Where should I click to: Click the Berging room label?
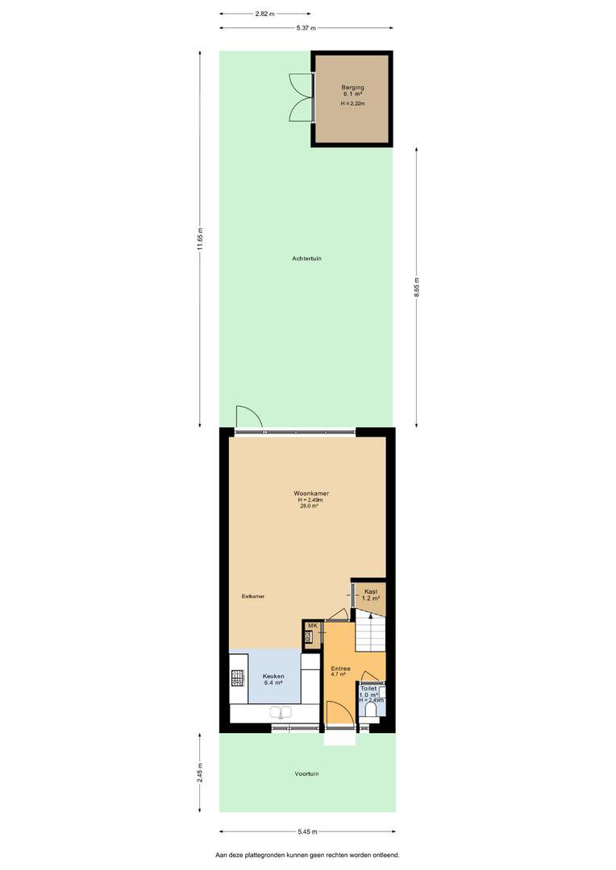coord(352,88)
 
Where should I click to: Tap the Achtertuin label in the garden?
coord(306,259)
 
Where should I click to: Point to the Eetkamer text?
coord(252,596)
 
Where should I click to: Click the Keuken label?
coord(273,677)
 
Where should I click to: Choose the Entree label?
coord(340,669)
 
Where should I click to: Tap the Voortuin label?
coord(306,773)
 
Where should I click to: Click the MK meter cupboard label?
coord(312,626)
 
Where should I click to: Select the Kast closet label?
coord(371,592)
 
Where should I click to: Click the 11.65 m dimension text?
coord(201,239)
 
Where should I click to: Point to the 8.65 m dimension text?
coord(417,288)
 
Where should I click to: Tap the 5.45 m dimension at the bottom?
coord(306,831)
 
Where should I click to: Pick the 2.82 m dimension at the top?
coord(265,14)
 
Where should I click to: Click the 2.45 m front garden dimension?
coord(201,773)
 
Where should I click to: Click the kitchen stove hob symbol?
coord(239,677)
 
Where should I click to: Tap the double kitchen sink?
coord(281,712)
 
